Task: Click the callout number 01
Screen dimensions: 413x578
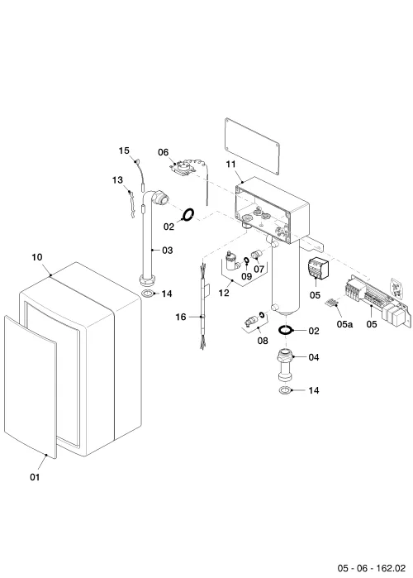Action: [x=35, y=477]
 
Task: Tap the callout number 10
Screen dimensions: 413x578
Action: [x=37, y=257]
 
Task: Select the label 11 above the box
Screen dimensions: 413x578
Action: [x=230, y=164]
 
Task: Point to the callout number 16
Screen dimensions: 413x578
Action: [x=181, y=317]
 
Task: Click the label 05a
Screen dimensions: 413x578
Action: [x=344, y=324]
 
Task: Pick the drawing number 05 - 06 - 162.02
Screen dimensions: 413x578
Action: [x=372, y=568]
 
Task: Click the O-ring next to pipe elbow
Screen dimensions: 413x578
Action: [x=188, y=214]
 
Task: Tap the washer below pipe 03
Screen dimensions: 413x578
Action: [x=148, y=294]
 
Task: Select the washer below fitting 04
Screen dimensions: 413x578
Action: [x=285, y=390]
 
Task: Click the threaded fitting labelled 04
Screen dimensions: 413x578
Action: [x=285, y=365]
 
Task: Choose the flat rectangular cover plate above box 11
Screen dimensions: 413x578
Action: [x=252, y=146]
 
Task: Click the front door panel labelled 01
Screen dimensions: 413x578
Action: [x=31, y=387]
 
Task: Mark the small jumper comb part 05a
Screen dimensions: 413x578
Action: [x=332, y=303]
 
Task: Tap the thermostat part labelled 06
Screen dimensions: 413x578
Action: [x=183, y=168]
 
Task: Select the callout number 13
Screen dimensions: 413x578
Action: [x=117, y=180]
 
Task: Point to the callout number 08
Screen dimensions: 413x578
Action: [x=263, y=341]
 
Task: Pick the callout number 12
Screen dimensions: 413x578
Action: [x=224, y=293]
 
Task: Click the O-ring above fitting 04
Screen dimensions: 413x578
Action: [x=285, y=330]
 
